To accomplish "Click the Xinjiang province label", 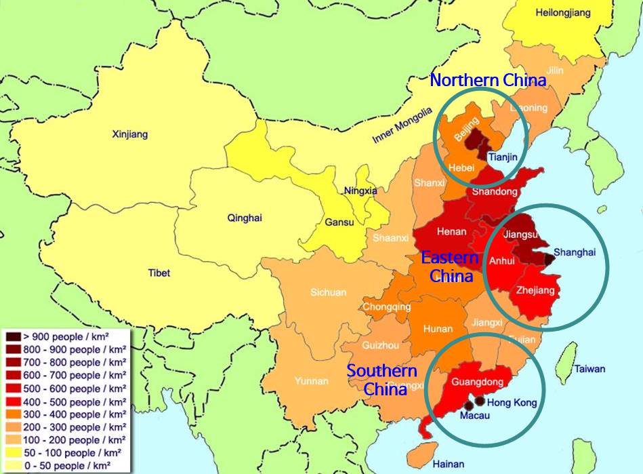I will tap(129, 134).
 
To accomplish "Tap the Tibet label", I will tap(159, 273).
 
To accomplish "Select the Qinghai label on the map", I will tap(245, 218).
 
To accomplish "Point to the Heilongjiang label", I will tap(563, 13).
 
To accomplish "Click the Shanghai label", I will tap(575, 252).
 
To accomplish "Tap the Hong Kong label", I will tap(512, 403).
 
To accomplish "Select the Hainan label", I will tap(449, 464).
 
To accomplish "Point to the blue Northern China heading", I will tap(488, 81).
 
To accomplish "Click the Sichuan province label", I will tap(328, 292).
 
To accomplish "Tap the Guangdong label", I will tap(477, 382).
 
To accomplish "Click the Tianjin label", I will tap(502, 157).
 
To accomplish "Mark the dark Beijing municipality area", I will tap(478, 141).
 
